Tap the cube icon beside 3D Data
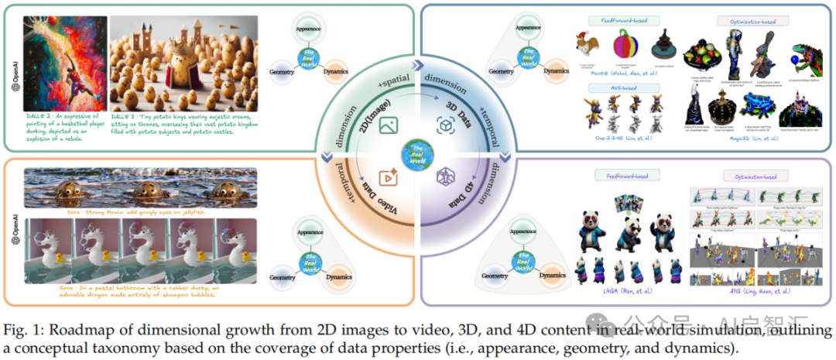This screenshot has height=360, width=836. coord(445,125)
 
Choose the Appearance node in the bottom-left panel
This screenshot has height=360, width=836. coord(308,230)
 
